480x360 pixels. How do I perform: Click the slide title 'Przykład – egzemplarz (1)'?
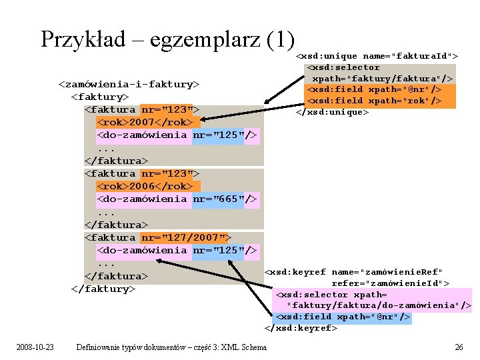point(167,39)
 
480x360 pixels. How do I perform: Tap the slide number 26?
point(458,347)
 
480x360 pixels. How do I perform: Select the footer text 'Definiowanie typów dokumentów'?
point(134,347)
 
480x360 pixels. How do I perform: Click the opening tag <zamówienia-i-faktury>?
point(129,84)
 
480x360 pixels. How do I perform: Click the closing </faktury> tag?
point(103,289)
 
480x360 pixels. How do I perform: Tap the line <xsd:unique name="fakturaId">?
point(377,56)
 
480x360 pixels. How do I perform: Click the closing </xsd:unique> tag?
point(332,111)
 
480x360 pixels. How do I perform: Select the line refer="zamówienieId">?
point(390,283)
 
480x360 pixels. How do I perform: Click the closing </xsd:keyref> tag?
point(301,328)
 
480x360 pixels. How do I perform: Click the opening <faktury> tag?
point(100,97)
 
